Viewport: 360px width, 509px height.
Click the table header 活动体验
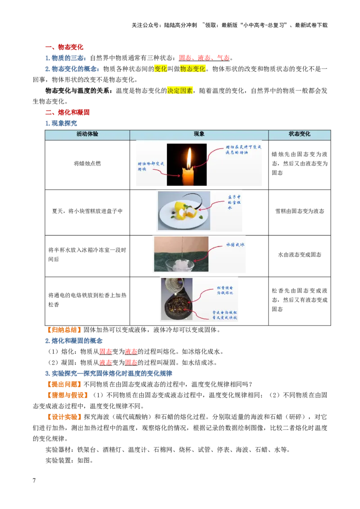coord(87,134)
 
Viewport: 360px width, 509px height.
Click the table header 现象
coord(199,134)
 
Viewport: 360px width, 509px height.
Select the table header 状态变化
coord(299,134)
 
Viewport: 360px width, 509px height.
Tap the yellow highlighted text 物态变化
coord(193,68)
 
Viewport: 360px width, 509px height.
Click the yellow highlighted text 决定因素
coord(180,90)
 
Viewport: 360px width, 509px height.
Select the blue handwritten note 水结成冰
coord(235,245)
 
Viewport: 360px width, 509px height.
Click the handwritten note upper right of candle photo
coord(243,150)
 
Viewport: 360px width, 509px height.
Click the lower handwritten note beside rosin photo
coord(225,314)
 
